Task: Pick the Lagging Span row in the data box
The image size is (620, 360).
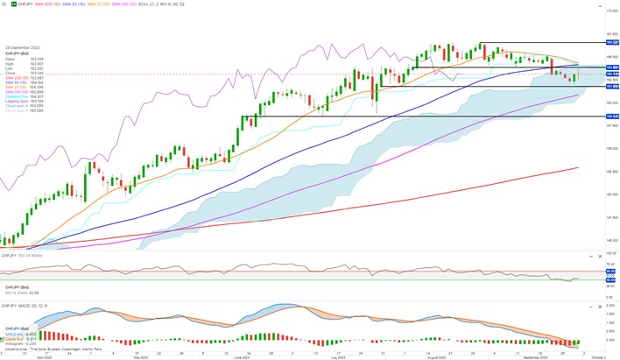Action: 18,101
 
